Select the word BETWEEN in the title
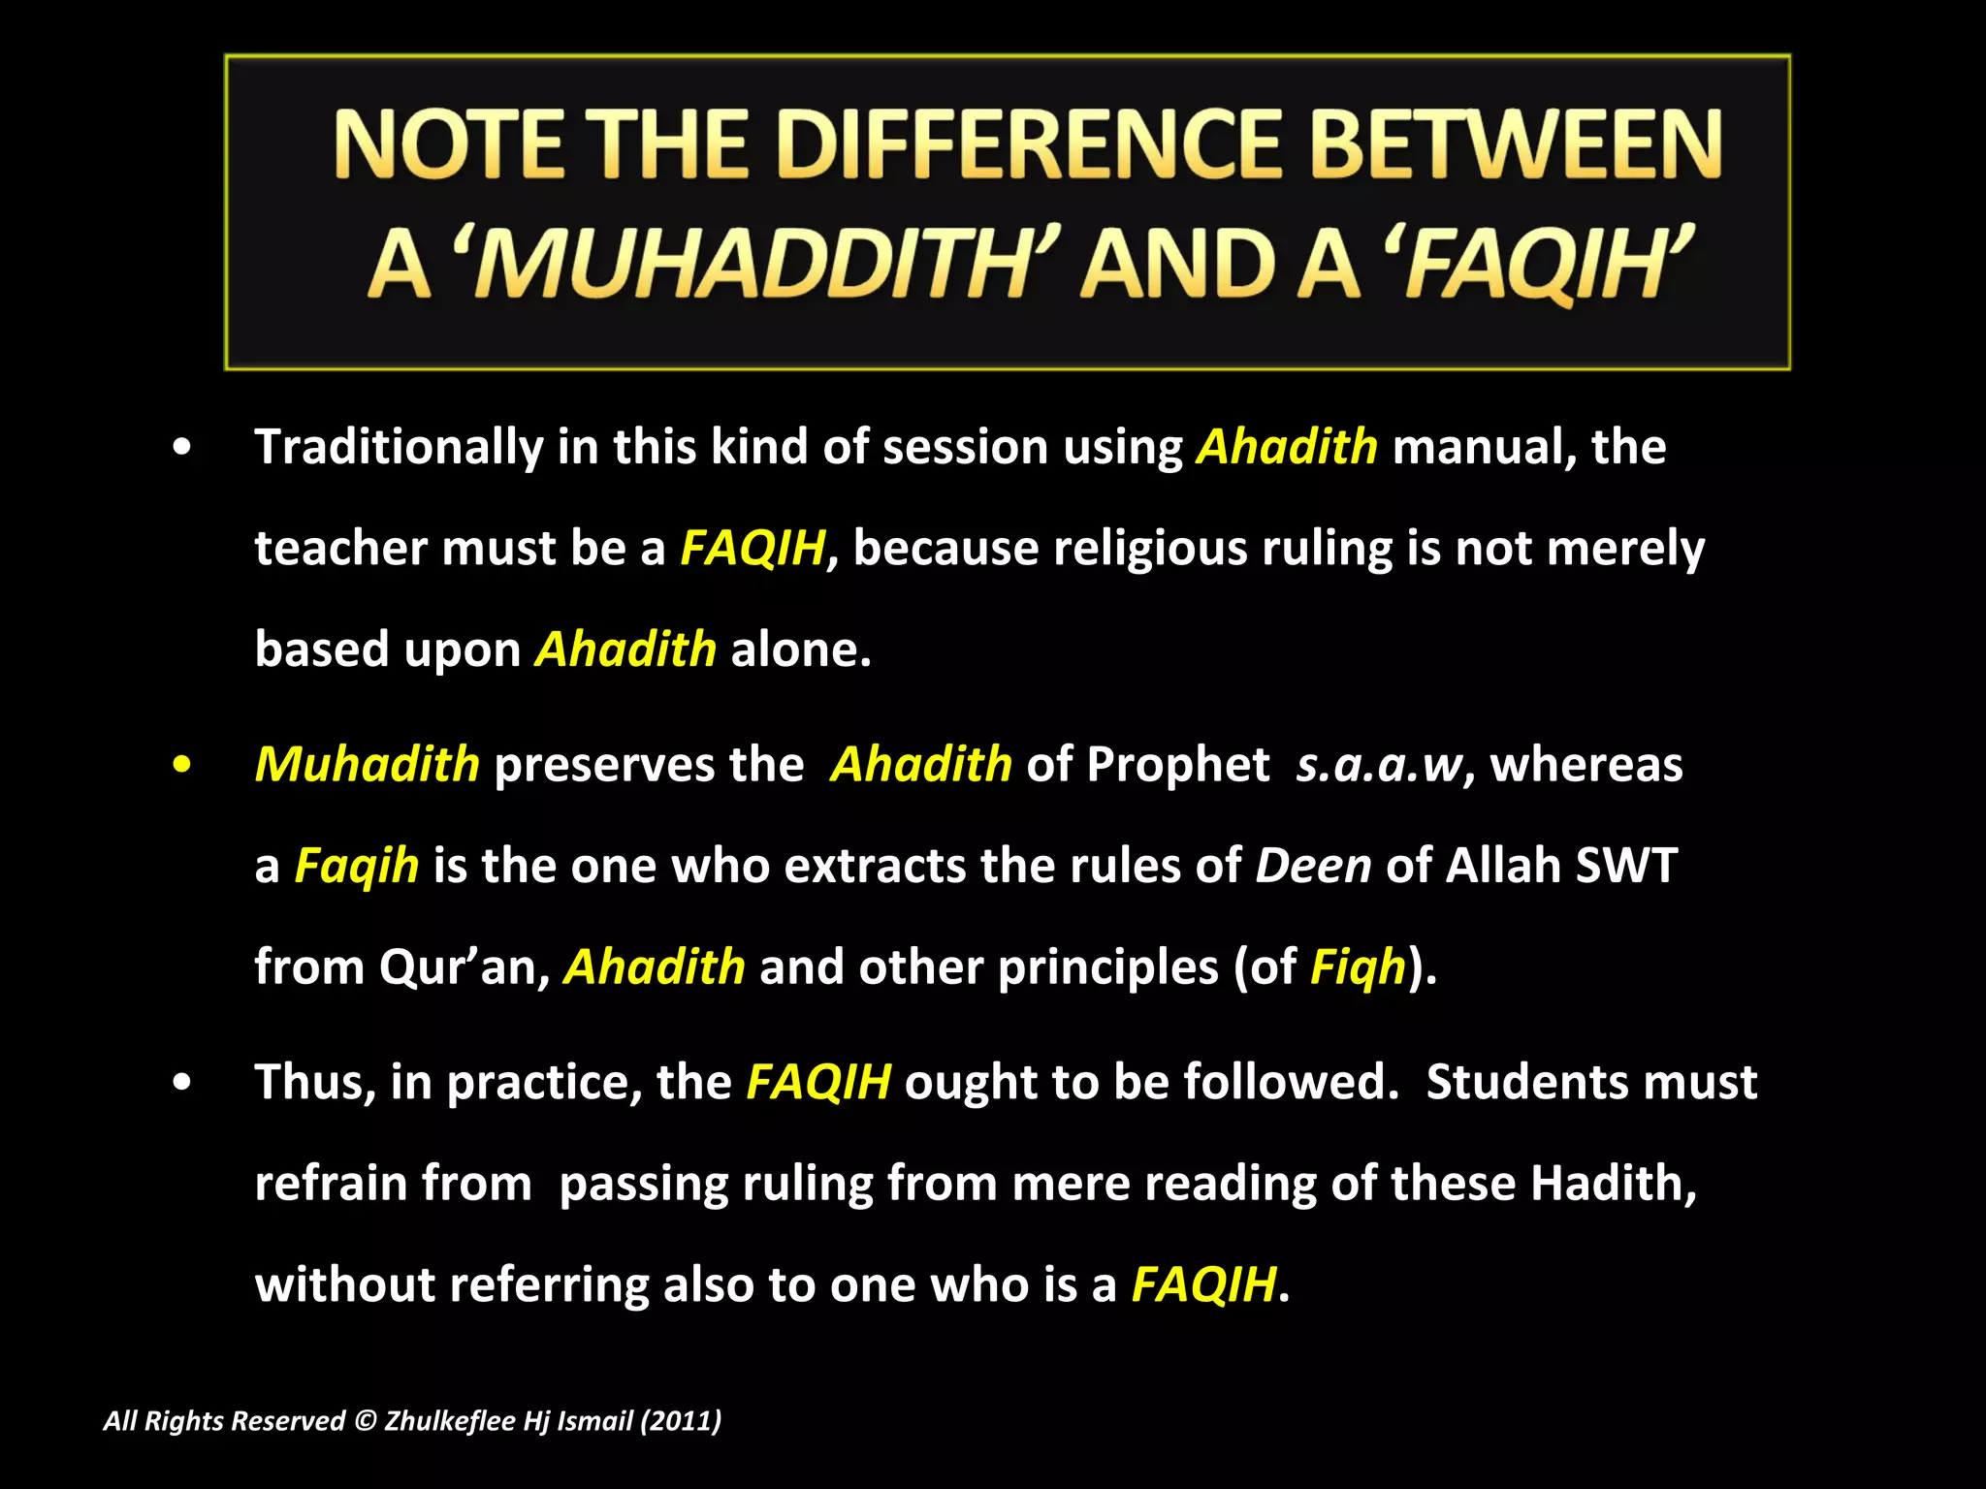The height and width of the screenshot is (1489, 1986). [x=1517, y=145]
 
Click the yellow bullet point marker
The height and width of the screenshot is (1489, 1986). [x=181, y=765]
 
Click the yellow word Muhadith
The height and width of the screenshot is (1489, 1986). [x=367, y=765]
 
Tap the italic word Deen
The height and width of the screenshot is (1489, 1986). [x=1313, y=866]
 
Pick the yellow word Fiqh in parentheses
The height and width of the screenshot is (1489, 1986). [x=1358, y=967]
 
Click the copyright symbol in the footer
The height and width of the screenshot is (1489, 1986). [x=365, y=1421]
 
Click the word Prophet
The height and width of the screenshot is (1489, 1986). [x=1177, y=765]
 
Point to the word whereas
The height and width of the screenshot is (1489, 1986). [x=1586, y=765]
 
